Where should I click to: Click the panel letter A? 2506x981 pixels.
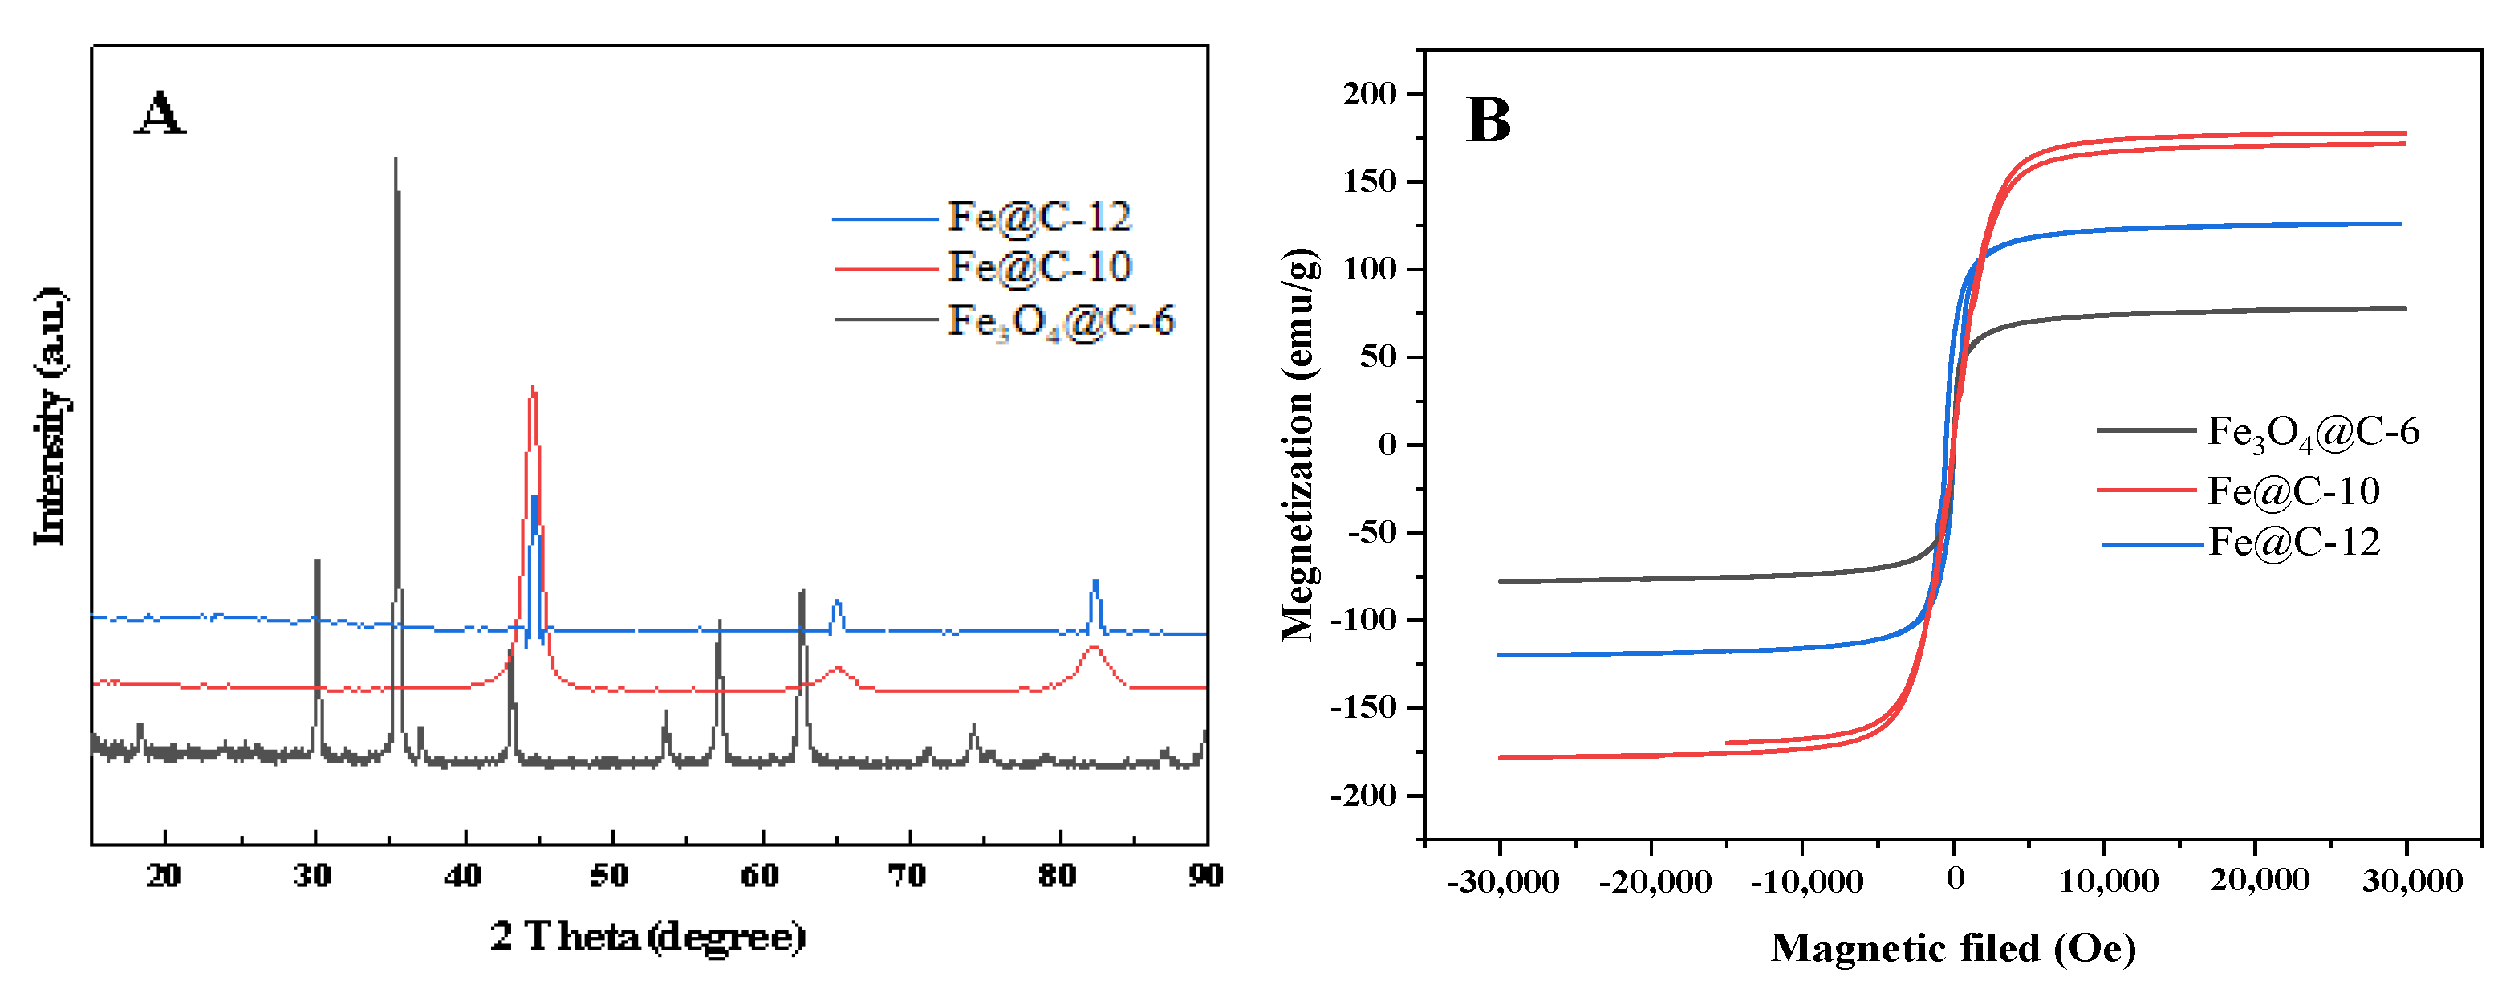tap(160, 113)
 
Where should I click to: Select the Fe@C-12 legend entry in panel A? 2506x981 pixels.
tap(1039, 217)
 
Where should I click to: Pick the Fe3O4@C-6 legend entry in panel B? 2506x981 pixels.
tap(2312, 431)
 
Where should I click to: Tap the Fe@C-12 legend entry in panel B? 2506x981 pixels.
tap(2293, 542)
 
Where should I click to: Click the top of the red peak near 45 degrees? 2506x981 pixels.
tap(532, 389)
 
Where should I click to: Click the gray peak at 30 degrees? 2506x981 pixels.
tap(316, 563)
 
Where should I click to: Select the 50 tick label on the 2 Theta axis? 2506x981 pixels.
tap(610, 876)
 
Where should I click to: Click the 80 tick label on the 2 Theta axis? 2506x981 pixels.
tap(1058, 876)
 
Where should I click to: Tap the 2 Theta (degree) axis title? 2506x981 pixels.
tap(648, 936)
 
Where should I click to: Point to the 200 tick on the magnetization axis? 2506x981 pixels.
tap(1370, 95)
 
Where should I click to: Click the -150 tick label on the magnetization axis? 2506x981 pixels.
tap(1363, 707)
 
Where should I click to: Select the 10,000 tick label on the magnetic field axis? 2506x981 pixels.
tap(2108, 881)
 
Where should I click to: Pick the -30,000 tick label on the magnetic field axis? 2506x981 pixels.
tap(1502, 881)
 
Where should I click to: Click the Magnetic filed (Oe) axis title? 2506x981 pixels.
tap(1952, 948)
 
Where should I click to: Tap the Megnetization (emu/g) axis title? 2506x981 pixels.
tap(1298, 445)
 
